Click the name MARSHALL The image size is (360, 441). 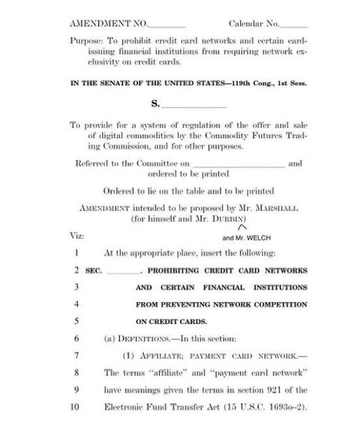click(x=272, y=207)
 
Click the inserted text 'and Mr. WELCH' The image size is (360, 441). click(x=246, y=239)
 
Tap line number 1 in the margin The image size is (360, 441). click(x=75, y=253)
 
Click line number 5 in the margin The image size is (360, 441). click(x=75, y=320)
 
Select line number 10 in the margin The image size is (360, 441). click(x=75, y=408)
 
